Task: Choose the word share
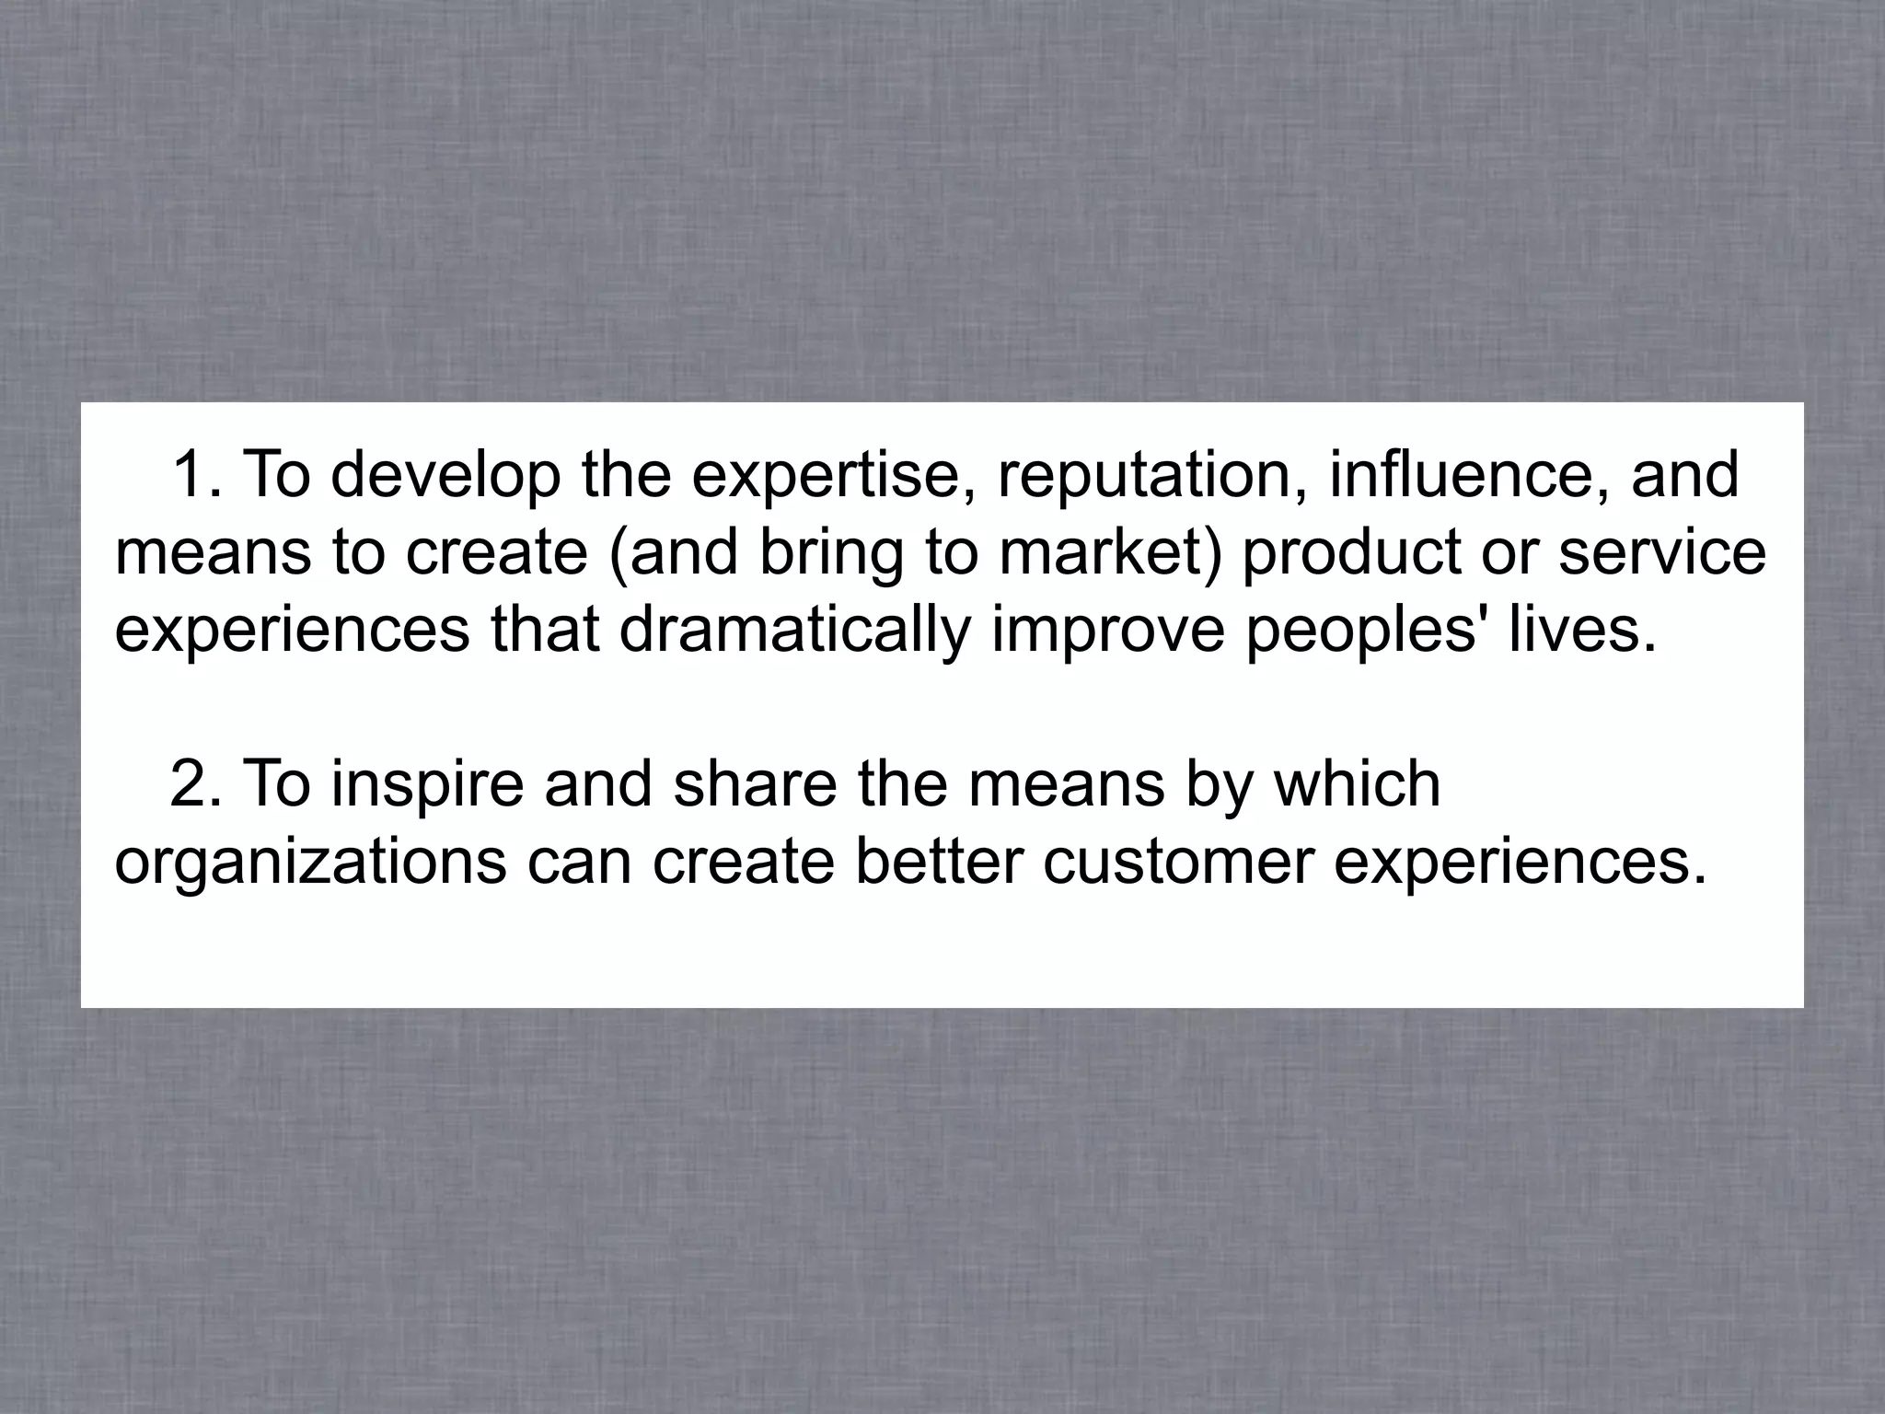(756, 784)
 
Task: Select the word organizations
(311, 863)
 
